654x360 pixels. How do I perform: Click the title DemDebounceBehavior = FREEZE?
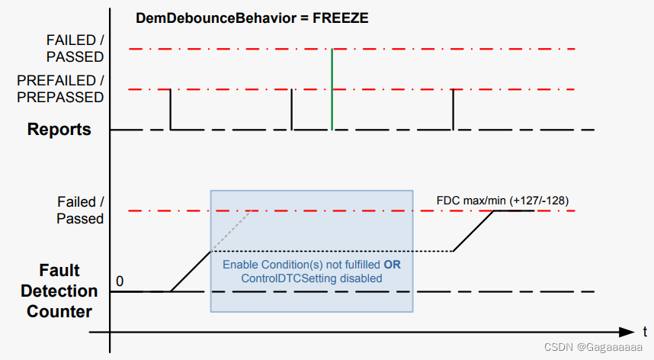pyautogui.click(x=252, y=18)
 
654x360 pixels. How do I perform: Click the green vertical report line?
pyautogui.click(x=332, y=90)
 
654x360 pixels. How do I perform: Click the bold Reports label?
pyautogui.click(x=59, y=129)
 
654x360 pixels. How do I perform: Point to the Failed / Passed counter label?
pyautogui.click(x=79, y=210)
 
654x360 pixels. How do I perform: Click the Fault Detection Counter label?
pyautogui.click(x=59, y=291)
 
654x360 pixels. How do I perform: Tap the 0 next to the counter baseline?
pyautogui.click(x=120, y=281)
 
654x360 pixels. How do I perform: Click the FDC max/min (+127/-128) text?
pyautogui.click(x=502, y=201)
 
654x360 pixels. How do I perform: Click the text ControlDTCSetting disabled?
pyautogui.click(x=312, y=278)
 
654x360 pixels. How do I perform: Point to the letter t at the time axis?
pyautogui.click(x=645, y=332)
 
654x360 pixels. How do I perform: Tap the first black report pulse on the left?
pyautogui.click(x=170, y=109)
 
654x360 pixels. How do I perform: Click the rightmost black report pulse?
pyautogui.click(x=454, y=109)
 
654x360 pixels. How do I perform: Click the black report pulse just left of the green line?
pyautogui.click(x=292, y=109)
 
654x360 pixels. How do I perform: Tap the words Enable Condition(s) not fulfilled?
pyautogui.click(x=302, y=265)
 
